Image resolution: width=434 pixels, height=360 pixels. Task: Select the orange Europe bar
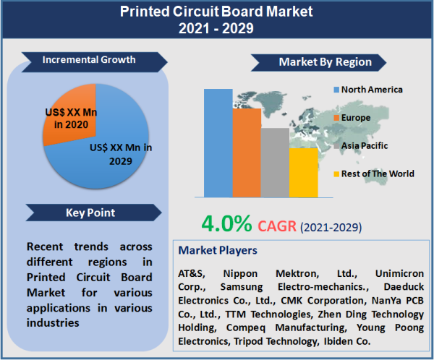[x=246, y=152]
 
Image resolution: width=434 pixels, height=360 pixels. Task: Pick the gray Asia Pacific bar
[x=274, y=162]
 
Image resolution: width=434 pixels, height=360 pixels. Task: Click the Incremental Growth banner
[x=88, y=59]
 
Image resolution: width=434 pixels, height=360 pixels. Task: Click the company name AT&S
[x=192, y=274]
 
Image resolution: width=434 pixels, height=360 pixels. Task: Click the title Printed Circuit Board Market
[x=216, y=12]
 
